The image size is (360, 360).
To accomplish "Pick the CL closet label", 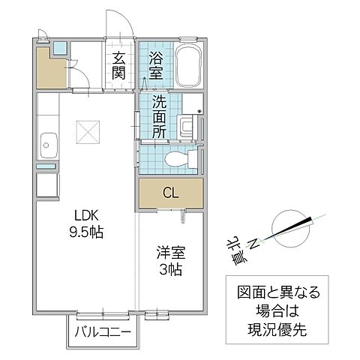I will (170, 193).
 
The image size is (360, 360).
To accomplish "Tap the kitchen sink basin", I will (46, 142).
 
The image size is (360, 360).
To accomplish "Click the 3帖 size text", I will (169, 270).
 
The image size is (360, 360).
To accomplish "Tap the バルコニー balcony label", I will (102, 332).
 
